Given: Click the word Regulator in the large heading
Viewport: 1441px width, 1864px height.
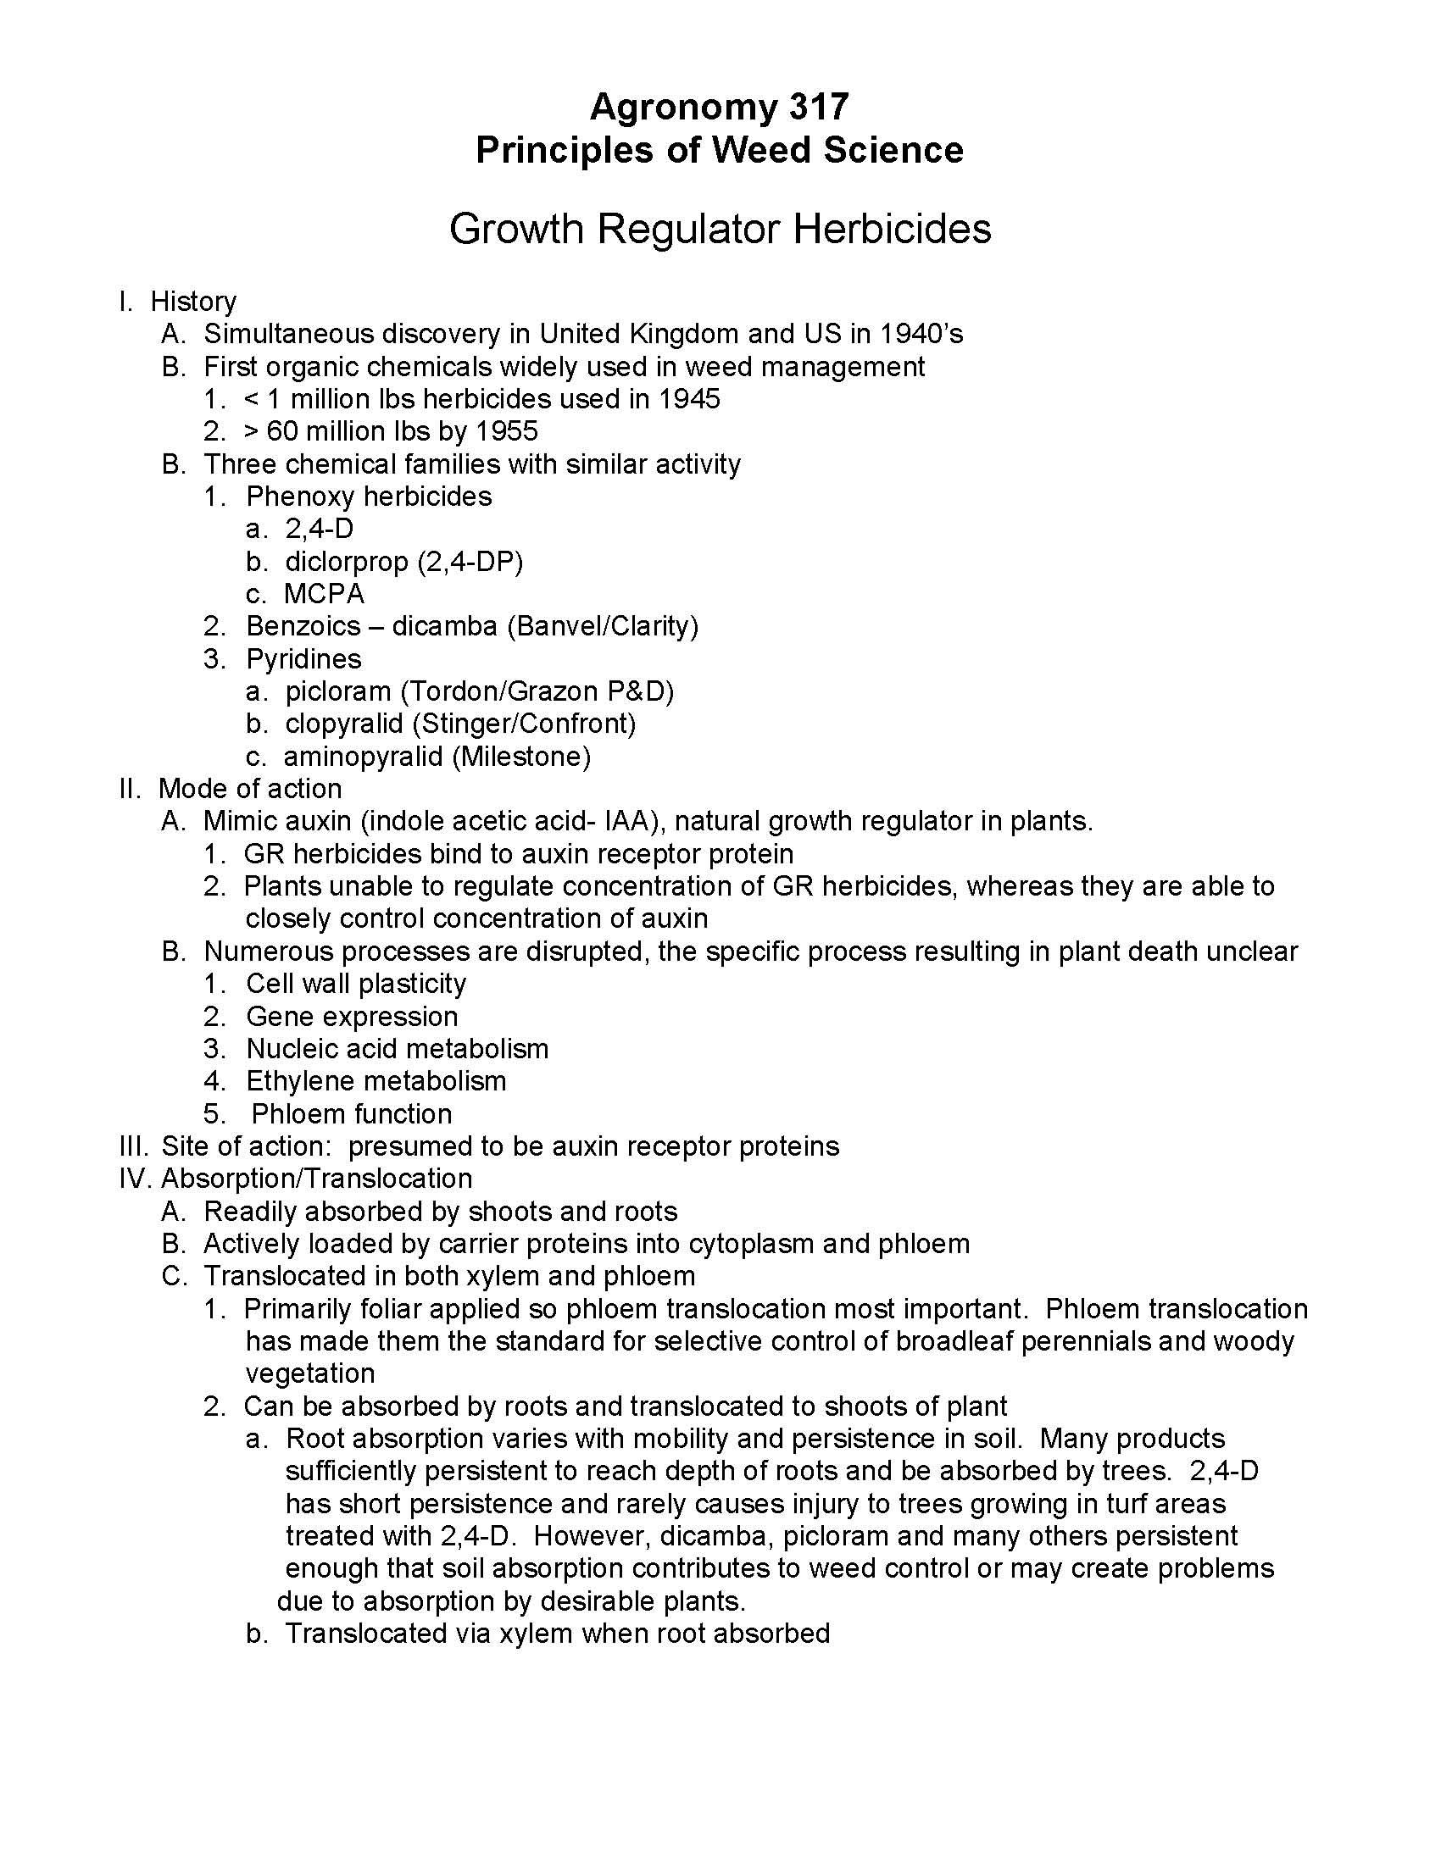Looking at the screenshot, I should pyautogui.click(x=688, y=229).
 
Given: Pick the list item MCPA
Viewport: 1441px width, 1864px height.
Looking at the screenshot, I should pyautogui.click(x=325, y=594).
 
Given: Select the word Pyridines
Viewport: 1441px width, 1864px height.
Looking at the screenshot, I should pyautogui.click(x=303, y=659).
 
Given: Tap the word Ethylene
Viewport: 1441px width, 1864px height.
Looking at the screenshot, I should pyautogui.click(x=298, y=1081).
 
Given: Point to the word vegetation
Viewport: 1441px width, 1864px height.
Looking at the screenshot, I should pyautogui.click(x=310, y=1374).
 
